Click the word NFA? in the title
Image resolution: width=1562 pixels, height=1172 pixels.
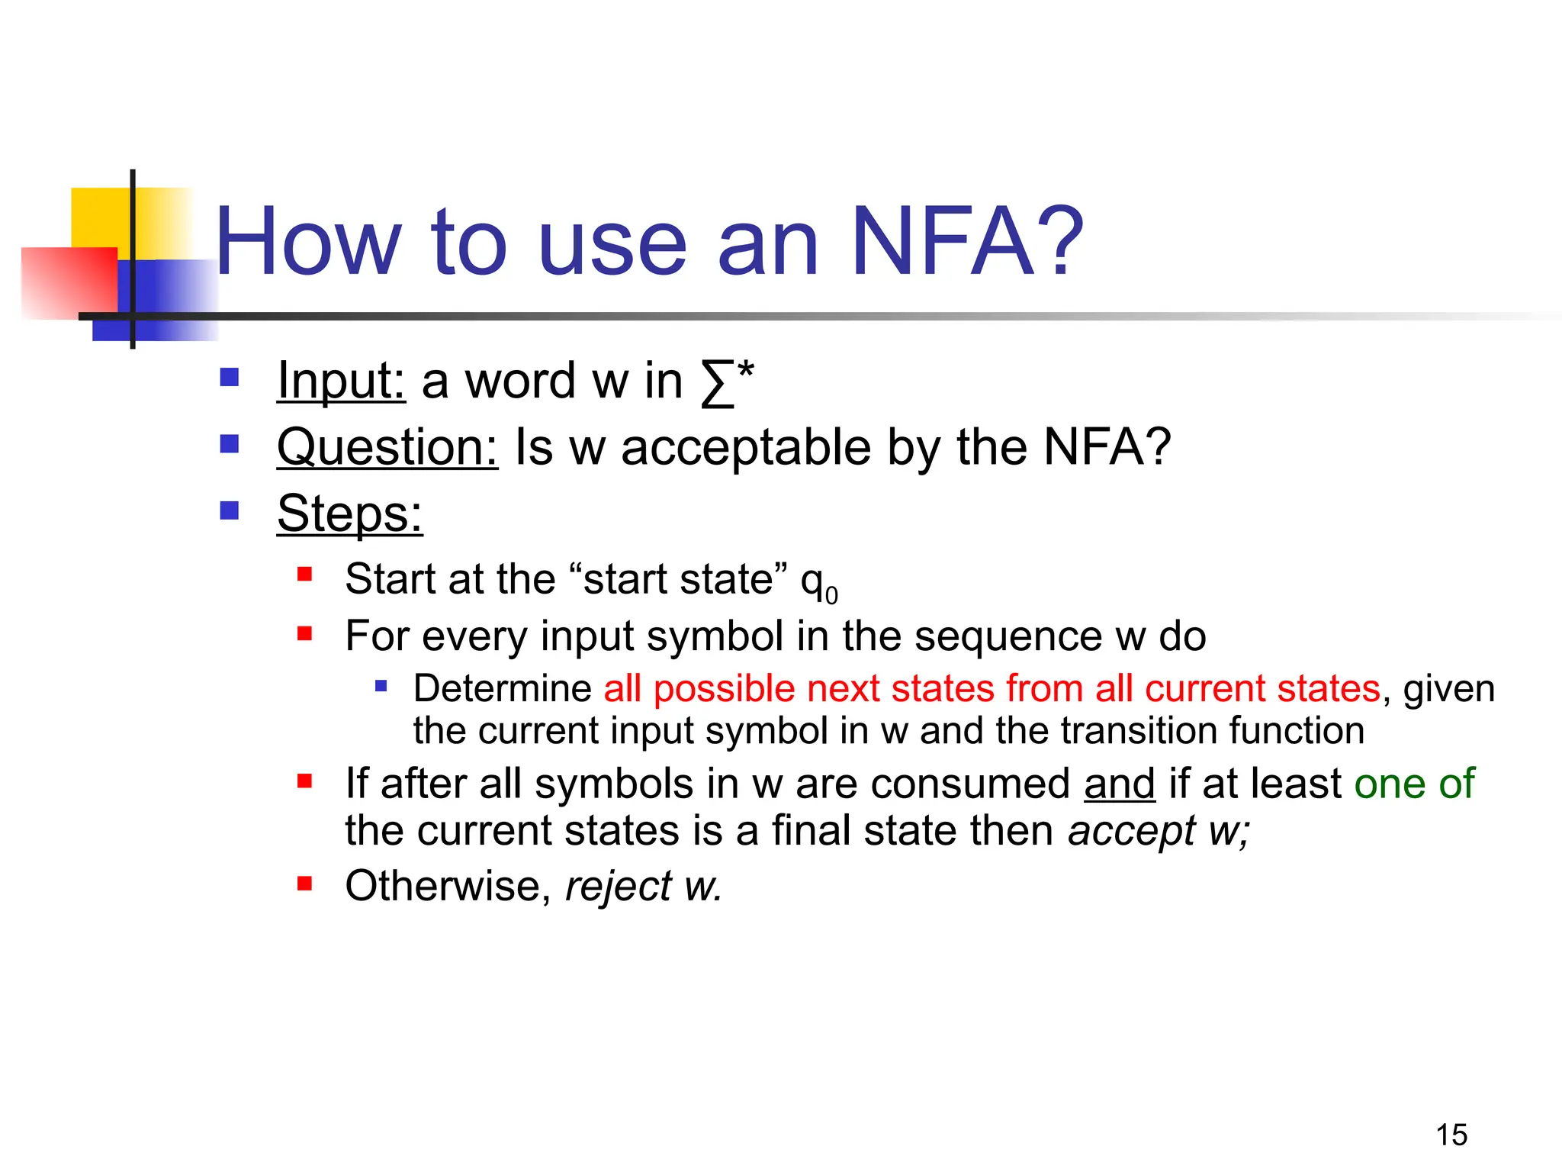[x=966, y=243]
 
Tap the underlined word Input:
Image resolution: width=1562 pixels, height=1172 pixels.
[x=341, y=380]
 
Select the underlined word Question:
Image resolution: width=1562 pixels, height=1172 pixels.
[x=387, y=447]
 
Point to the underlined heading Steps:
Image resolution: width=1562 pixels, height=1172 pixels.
[x=349, y=514]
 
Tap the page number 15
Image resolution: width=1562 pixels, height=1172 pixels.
[x=1451, y=1135]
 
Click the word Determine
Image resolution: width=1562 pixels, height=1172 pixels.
[x=502, y=688]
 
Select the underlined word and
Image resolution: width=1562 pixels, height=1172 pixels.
[x=1119, y=784]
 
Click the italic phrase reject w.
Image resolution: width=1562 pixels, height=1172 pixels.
[x=643, y=887]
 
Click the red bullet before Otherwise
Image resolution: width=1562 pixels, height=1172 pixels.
[x=305, y=884]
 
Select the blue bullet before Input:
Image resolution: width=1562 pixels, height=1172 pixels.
[x=230, y=377]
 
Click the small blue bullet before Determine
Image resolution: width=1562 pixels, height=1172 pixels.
[x=381, y=686]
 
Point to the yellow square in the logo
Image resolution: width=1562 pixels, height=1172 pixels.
[x=99, y=217]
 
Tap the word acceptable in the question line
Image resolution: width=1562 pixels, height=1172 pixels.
[x=745, y=447]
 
